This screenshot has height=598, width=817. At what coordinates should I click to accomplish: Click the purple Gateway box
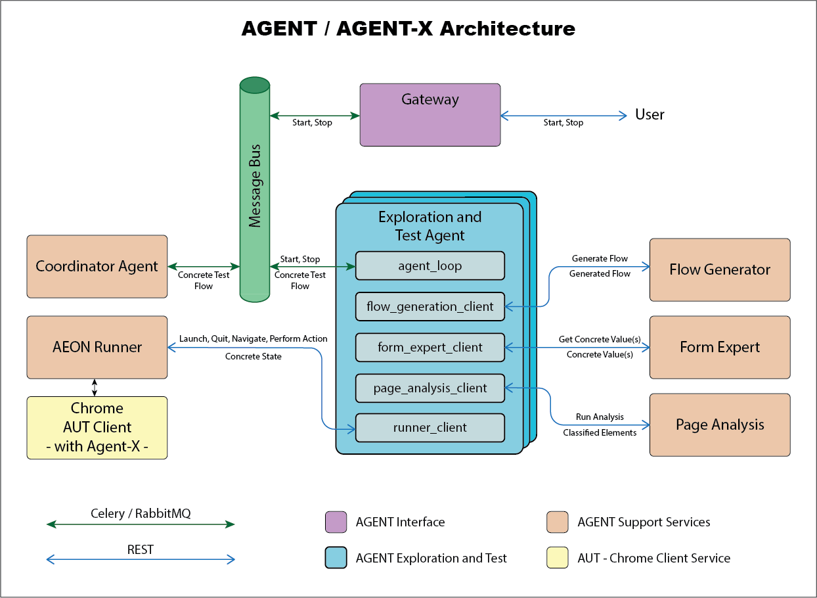click(x=430, y=115)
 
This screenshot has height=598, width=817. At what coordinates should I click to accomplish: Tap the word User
click(x=650, y=115)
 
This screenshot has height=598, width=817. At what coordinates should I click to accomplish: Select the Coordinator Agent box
click(x=97, y=266)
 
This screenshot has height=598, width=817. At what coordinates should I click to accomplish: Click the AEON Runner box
click(x=97, y=347)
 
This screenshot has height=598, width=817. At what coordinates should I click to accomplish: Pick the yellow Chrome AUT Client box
click(x=97, y=427)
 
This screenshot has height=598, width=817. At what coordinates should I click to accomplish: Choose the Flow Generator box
click(x=720, y=269)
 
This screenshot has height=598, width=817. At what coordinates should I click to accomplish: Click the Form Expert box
click(x=720, y=348)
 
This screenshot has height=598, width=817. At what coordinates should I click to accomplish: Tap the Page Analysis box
click(x=720, y=425)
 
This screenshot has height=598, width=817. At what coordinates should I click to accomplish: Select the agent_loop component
click(x=430, y=266)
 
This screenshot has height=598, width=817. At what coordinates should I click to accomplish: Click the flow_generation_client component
click(x=430, y=306)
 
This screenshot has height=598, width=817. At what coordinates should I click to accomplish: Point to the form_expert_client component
click(x=430, y=347)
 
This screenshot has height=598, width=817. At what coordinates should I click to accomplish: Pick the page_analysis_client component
click(x=430, y=388)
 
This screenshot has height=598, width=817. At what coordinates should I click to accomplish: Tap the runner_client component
click(x=430, y=428)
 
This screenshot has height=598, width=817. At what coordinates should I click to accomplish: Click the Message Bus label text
click(x=255, y=185)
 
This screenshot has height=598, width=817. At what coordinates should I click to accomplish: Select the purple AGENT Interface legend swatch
click(x=336, y=522)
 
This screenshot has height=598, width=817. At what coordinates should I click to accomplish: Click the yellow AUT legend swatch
click(x=557, y=558)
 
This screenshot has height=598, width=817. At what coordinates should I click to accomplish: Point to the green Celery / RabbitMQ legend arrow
click(x=141, y=524)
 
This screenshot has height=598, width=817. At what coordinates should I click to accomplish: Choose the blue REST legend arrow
click(x=141, y=560)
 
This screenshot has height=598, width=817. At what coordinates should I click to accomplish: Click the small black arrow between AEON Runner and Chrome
click(x=95, y=387)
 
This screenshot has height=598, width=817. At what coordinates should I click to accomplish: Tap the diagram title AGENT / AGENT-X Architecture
click(x=408, y=29)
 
